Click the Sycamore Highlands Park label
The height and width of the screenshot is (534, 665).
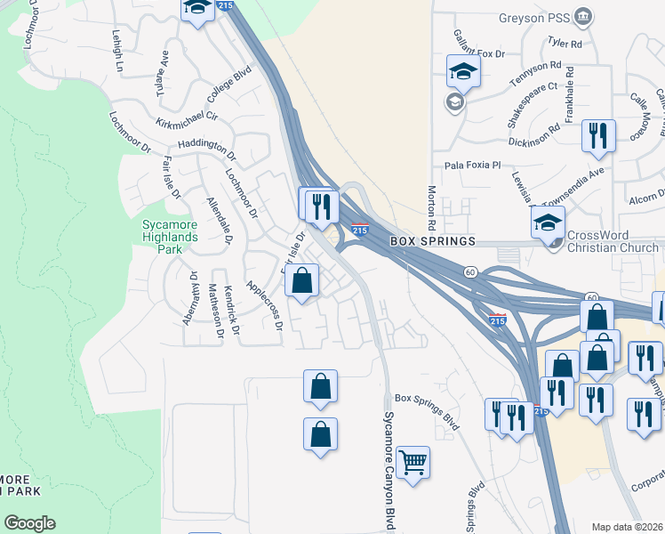170,237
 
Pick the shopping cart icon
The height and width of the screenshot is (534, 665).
413,463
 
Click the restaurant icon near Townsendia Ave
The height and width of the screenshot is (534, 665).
597,136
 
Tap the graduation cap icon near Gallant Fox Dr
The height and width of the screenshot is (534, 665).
463,71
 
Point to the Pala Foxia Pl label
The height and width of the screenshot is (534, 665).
473,165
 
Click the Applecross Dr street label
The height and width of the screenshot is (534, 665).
264,305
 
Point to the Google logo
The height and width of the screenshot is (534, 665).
29,523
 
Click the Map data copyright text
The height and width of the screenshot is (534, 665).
628,527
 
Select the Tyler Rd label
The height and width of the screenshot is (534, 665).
565,43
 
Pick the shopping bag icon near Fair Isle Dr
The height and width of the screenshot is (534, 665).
303,281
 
